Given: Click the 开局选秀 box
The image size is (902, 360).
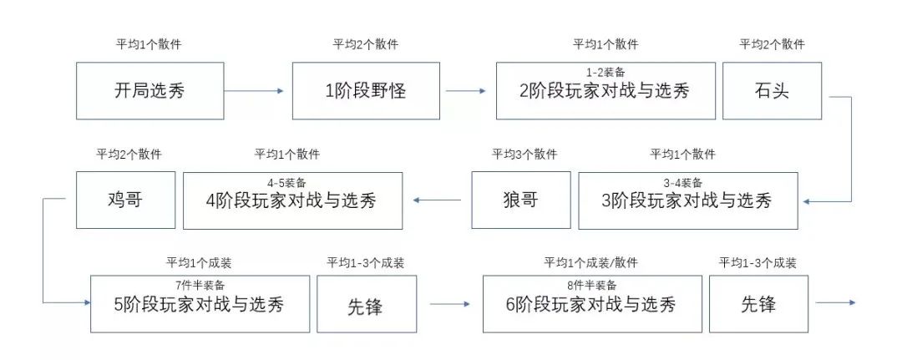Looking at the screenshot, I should [149, 90].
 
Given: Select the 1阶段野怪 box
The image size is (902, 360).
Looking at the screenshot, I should [366, 90].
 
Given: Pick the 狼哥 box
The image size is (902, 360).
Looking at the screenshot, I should [520, 200].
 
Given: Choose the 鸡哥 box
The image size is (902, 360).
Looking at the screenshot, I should [125, 200].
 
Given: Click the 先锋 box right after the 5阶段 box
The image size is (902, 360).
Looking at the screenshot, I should [366, 305].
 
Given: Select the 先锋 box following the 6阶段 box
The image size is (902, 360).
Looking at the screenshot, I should [758, 305].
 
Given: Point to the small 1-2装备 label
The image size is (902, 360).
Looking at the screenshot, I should [606, 73].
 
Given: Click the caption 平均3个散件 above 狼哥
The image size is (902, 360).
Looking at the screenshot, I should [524, 155].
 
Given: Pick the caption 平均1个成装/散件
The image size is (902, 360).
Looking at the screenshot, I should [590, 263].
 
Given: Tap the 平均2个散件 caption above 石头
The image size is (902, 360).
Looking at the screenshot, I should [772, 44].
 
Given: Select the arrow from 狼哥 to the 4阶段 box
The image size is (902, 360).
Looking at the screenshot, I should [438, 200].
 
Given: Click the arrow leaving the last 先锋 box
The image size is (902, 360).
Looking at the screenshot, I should [835, 303].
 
